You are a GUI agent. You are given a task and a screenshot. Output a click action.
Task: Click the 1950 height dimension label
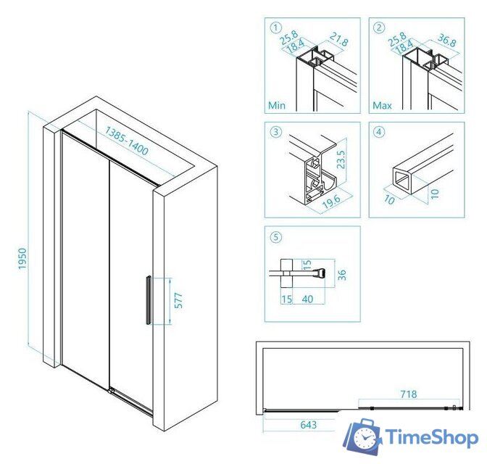click(22, 259)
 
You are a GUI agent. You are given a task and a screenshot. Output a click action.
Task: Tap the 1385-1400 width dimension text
click(127, 141)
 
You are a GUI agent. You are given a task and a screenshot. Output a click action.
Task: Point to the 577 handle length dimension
click(178, 301)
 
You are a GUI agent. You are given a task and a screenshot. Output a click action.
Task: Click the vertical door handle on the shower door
click(149, 300)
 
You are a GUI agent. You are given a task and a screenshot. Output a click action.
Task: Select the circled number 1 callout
click(276, 28)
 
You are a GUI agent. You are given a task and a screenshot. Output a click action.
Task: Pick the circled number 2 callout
click(379, 28)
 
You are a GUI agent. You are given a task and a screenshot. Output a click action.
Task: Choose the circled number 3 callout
click(276, 132)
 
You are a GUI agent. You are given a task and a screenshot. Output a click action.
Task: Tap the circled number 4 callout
click(379, 132)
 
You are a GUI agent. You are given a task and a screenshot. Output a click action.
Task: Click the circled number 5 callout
click(276, 238)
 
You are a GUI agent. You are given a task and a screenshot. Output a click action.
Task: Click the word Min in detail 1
click(277, 105)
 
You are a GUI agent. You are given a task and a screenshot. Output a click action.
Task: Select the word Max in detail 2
click(382, 105)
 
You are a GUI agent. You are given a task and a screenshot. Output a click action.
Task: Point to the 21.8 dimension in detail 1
click(339, 39)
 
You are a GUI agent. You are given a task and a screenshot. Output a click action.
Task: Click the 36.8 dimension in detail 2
click(447, 40)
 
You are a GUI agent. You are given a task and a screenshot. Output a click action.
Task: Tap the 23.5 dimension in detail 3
click(341, 159)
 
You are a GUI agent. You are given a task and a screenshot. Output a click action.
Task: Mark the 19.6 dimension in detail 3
click(331, 202)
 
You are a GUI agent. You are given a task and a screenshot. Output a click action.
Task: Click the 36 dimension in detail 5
click(341, 275)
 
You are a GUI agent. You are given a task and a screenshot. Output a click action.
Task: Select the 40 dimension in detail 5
click(307, 299)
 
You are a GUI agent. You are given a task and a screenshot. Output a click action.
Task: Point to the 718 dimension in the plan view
click(409, 394)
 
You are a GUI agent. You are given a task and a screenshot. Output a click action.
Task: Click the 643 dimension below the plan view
click(309, 425)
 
